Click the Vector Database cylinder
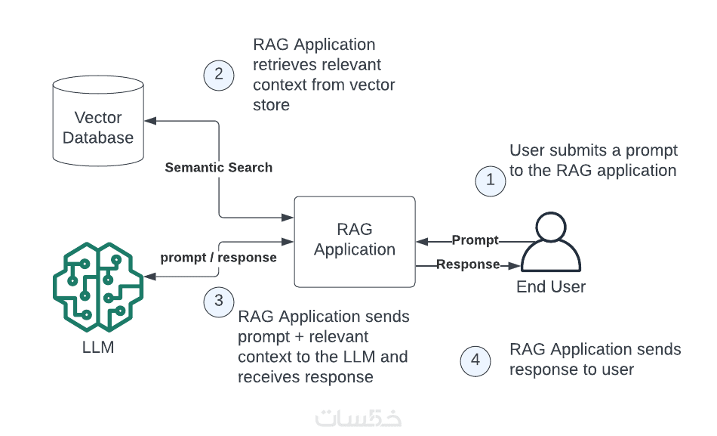[x=97, y=122]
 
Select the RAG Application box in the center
[x=355, y=241]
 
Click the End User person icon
[x=551, y=243]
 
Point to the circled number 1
[x=491, y=181]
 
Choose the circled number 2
[x=219, y=74]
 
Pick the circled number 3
[x=219, y=301]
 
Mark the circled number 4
[x=475, y=360]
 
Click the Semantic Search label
[x=219, y=167]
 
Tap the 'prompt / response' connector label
[x=218, y=257]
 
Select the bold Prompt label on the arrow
[x=475, y=240]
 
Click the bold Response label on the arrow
[x=468, y=264]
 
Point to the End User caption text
[x=551, y=287]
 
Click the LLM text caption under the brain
[x=98, y=348]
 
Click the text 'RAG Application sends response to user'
[x=595, y=359]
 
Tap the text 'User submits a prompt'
[x=593, y=150]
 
